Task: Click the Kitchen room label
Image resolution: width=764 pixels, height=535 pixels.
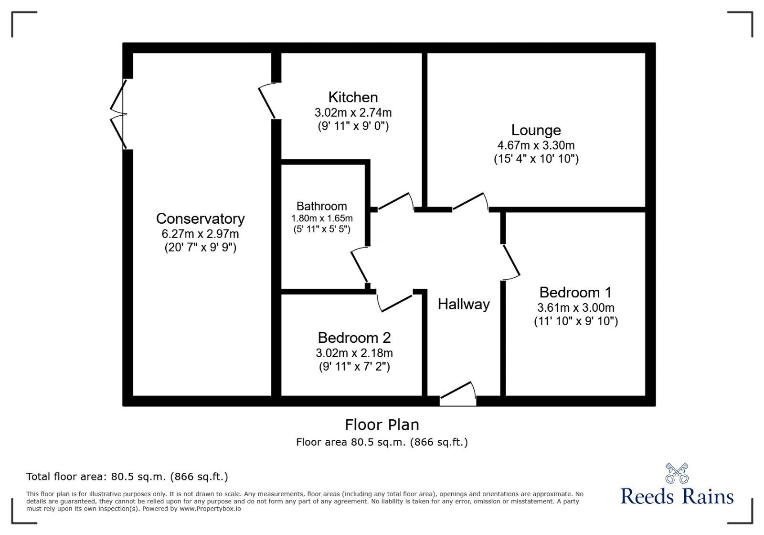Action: click(353, 98)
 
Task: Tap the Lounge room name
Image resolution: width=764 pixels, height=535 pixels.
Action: click(536, 130)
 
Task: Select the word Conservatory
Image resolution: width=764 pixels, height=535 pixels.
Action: click(200, 218)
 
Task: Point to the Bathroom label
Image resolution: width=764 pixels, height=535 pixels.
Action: click(321, 206)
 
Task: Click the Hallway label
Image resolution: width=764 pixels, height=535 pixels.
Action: click(464, 304)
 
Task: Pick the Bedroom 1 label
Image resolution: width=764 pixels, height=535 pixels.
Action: click(575, 292)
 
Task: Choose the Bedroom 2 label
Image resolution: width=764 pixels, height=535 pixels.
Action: click(354, 338)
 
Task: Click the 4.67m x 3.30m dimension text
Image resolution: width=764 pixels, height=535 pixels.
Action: click(536, 145)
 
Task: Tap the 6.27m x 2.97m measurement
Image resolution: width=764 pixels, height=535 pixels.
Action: click(200, 234)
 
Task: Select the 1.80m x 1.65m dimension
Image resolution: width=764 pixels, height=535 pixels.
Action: click(321, 218)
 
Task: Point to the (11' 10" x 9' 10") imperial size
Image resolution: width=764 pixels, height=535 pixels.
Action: click(575, 321)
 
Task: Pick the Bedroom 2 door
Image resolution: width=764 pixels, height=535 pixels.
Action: click(394, 303)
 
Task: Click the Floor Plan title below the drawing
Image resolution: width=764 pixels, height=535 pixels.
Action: click(382, 425)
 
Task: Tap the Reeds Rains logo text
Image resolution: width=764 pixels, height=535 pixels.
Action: click(677, 496)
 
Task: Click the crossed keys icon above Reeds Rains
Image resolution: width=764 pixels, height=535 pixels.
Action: click(677, 473)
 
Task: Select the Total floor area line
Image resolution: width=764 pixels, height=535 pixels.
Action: click(127, 477)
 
